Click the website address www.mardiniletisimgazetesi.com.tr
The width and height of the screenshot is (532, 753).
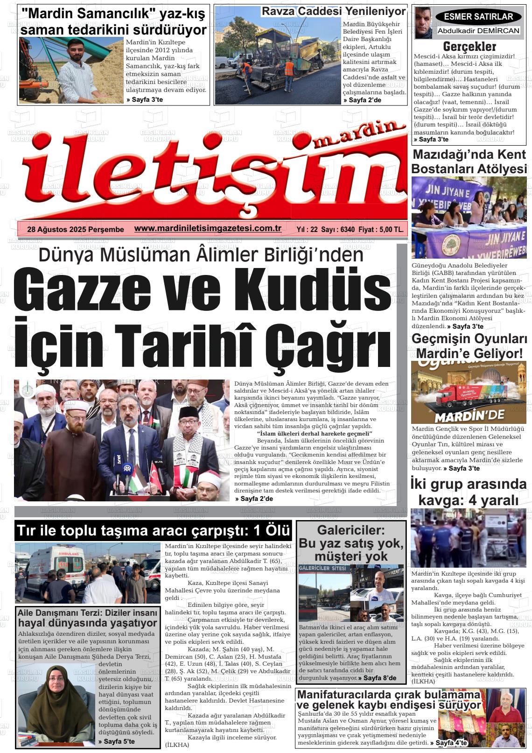(208, 228)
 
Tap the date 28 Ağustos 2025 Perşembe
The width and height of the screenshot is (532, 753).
(76, 229)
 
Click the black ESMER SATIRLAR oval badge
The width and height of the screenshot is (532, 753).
(478, 17)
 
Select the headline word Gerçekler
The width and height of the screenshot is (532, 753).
(469, 46)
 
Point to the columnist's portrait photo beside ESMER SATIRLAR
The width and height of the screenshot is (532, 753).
(423, 23)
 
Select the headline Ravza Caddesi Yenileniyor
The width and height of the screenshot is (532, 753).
(334, 11)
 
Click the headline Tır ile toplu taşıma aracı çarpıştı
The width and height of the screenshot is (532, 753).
(153, 531)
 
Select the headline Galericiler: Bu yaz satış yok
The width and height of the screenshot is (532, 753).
(351, 543)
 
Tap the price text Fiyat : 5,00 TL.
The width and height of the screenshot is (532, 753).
(383, 229)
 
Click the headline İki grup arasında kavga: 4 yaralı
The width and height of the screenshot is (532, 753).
(469, 492)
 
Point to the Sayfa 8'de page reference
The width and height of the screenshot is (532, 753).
(380, 678)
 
